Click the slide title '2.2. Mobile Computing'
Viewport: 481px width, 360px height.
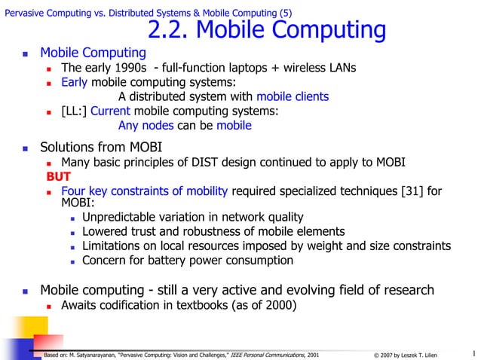[x=267, y=30]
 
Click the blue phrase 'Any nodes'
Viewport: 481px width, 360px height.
[x=146, y=125]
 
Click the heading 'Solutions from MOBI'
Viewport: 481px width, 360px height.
[x=101, y=146]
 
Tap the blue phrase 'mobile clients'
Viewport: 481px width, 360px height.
[x=293, y=96]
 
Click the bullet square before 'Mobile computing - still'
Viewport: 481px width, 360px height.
[x=26, y=291]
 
